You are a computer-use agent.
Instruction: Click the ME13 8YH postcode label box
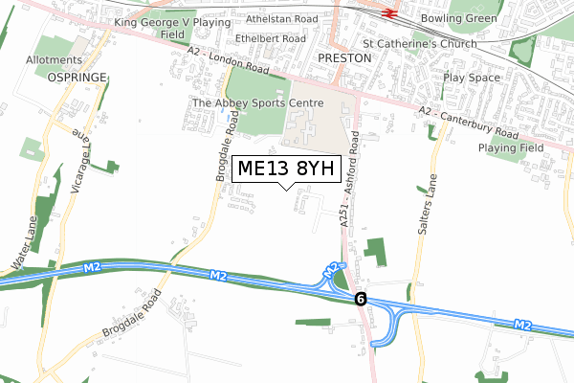click(x=286, y=169)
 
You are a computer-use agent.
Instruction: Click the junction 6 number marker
click(x=360, y=299)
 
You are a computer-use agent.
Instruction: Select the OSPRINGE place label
click(x=75, y=78)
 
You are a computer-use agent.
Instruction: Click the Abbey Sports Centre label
click(x=258, y=103)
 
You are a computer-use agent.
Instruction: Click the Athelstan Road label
click(x=281, y=18)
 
